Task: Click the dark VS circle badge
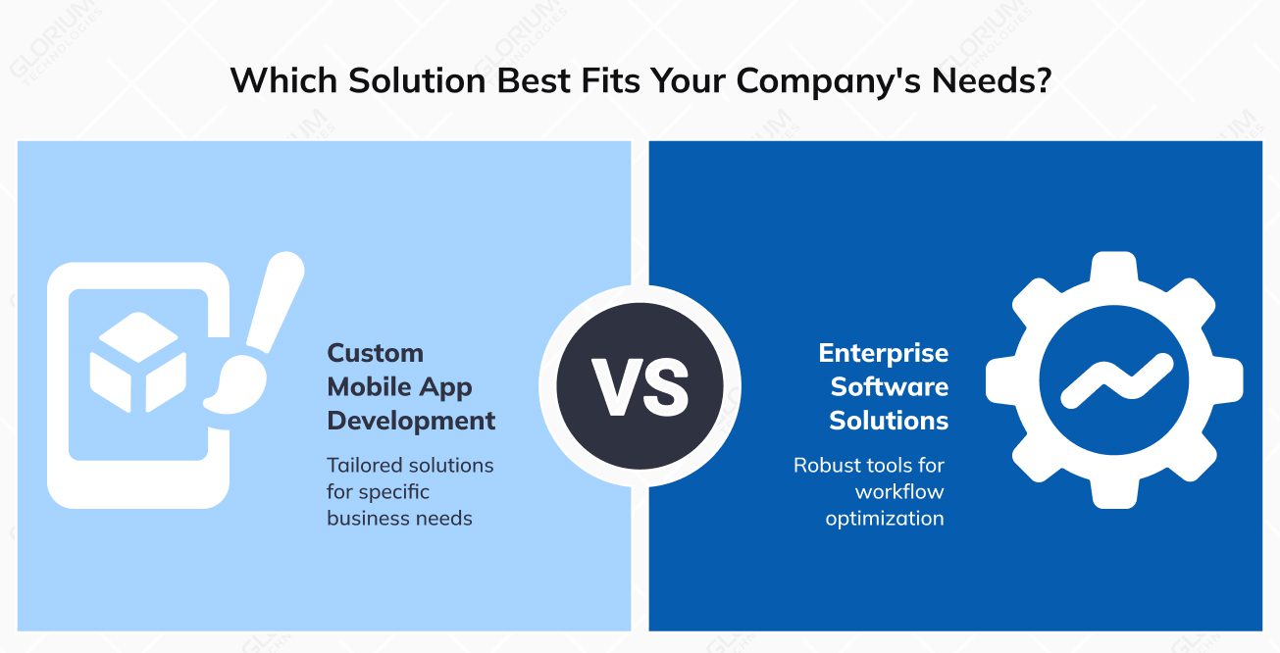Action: coord(640,386)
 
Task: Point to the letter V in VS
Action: coord(615,387)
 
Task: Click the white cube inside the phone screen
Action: coord(138,362)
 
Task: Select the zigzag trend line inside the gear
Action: coord(1116,380)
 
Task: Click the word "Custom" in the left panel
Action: coord(375,353)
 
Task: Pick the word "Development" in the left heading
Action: coord(411,421)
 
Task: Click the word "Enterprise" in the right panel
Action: coord(884,353)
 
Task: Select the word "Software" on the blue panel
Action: coord(890,387)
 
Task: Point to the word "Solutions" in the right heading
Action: coord(889,421)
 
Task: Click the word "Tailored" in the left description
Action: coord(362,465)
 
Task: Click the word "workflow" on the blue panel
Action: coord(899,491)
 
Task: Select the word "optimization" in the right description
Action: coord(885,519)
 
